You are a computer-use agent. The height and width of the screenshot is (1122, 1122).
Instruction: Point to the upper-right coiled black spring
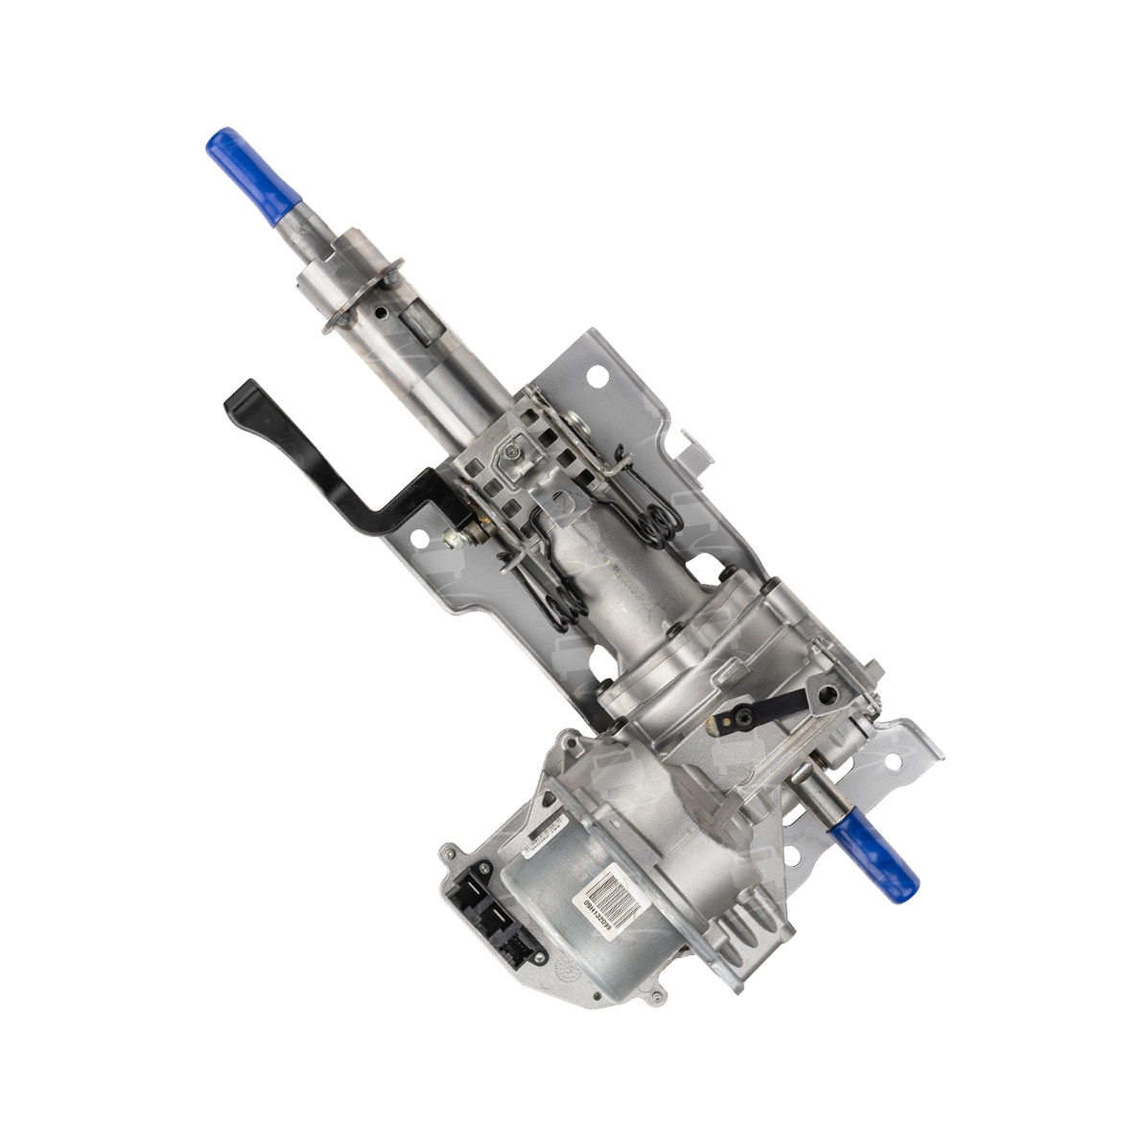point(660,522)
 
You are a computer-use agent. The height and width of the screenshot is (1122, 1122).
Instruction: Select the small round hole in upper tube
point(383,313)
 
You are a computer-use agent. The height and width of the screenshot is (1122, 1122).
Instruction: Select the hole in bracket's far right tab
point(894,760)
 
